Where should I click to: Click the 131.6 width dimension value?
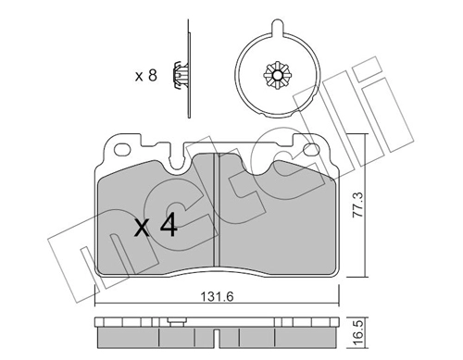click(x=217, y=297)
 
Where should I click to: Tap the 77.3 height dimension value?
click(x=358, y=205)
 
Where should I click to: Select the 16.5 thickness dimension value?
click(x=358, y=334)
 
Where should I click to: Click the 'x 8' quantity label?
click(x=146, y=75)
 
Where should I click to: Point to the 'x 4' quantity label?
click(x=156, y=226)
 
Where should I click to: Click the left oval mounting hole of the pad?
click(x=122, y=150)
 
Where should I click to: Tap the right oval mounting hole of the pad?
click(x=310, y=150)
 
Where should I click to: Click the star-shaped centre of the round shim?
click(x=277, y=75)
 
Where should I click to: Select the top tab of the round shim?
click(x=277, y=27)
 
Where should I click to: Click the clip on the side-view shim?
click(x=181, y=75)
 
